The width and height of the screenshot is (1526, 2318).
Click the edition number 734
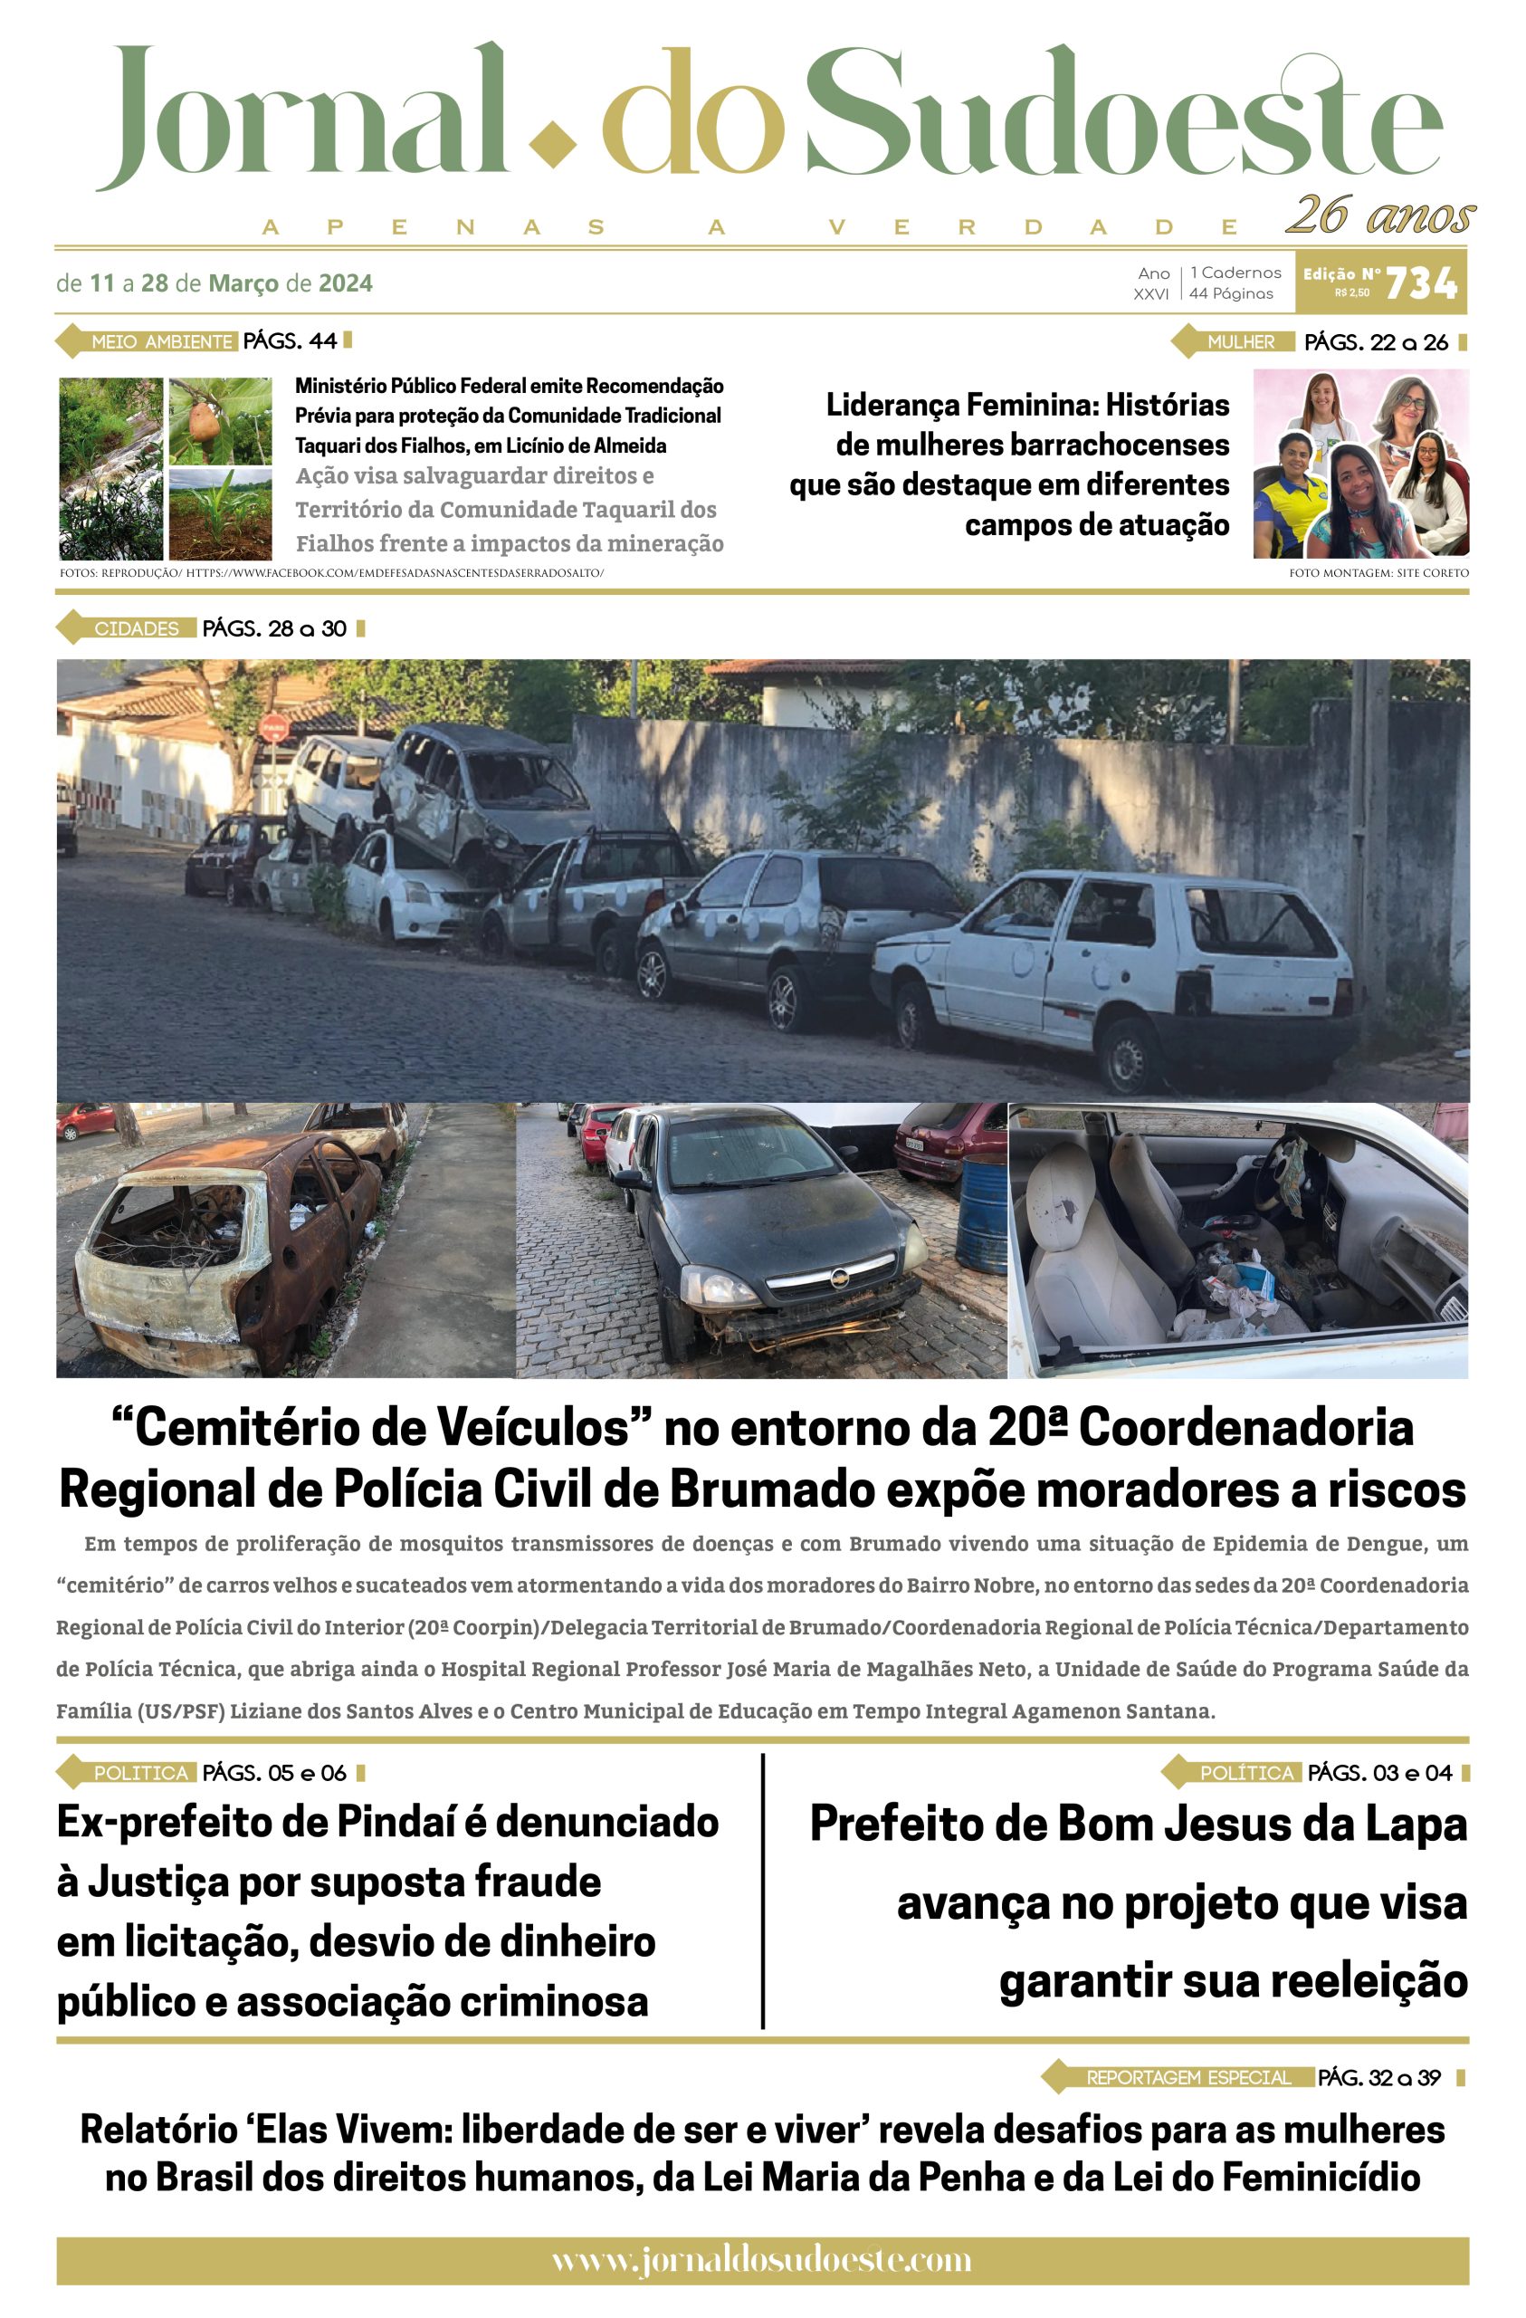click(1420, 283)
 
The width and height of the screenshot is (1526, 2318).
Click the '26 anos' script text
click(1380, 215)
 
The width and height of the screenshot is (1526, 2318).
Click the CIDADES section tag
click(137, 628)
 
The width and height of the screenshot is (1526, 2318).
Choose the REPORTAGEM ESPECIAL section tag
click(1187, 2077)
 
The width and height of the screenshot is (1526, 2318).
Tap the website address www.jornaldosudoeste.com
click(761, 2258)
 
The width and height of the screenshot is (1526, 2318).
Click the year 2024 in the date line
click(346, 283)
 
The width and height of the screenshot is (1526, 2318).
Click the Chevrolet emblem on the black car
click(839, 1277)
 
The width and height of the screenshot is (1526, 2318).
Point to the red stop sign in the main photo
click(273, 726)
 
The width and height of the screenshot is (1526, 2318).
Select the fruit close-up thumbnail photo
click(219, 421)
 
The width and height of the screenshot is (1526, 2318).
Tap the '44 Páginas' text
click(1231, 293)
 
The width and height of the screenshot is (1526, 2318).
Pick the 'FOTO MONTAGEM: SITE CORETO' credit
click(1378, 572)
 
